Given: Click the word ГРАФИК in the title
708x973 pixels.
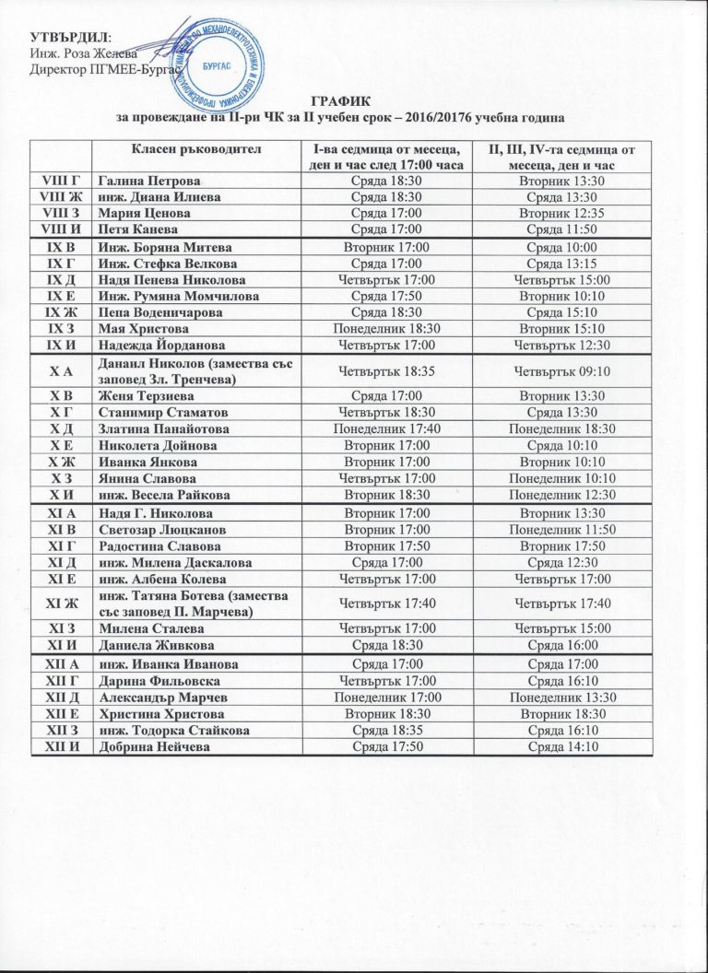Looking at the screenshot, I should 354,104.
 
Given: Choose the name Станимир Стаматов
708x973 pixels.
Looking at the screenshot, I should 161,412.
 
